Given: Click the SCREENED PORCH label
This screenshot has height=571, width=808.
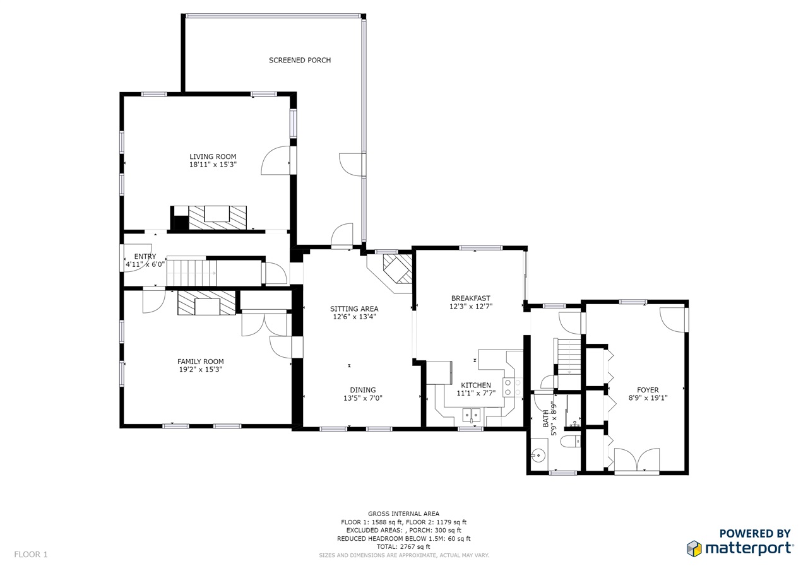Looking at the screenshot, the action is click(300, 60).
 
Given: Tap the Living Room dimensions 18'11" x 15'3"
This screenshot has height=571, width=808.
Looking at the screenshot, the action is click(213, 165).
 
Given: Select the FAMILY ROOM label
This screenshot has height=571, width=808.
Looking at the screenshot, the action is click(201, 361).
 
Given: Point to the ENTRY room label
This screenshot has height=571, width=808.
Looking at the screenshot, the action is click(145, 256).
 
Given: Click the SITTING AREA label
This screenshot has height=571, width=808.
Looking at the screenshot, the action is click(354, 309).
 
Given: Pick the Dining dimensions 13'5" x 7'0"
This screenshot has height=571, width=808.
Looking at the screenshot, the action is click(363, 398).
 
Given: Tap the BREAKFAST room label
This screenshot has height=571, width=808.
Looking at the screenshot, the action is click(471, 298).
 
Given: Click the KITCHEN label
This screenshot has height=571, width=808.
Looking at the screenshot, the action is click(476, 385).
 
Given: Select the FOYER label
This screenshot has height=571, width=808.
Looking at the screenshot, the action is click(648, 390).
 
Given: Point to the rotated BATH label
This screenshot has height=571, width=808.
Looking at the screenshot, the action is click(546, 421).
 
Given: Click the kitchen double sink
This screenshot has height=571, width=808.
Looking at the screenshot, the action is click(472, 415).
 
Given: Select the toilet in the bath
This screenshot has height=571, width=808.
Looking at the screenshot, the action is click(571, 441).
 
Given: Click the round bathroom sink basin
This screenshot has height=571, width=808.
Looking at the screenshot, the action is click(537, 456).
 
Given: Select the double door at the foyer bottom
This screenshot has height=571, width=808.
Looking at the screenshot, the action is click(637, 460).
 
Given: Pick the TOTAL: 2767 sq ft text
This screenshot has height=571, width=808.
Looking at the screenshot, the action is click(403, 546).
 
